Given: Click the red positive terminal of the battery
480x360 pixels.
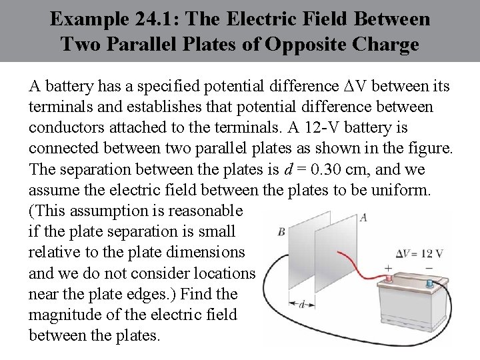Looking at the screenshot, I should click(388, 277).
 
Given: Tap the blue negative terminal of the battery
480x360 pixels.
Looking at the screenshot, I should click(429, 283).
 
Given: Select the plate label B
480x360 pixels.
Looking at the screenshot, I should click(281, 231).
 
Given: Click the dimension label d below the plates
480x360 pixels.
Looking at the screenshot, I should click(302, 305).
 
